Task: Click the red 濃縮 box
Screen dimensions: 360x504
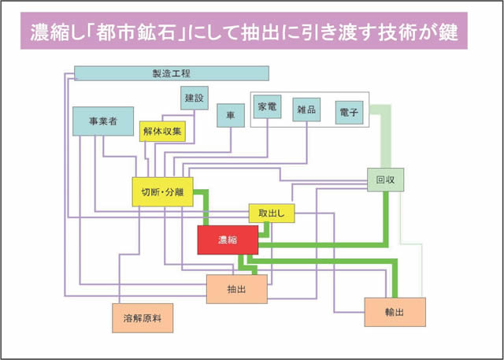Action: (228, 239)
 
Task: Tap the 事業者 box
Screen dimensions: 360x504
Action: (102, 121)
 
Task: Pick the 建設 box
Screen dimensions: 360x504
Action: (195, 98)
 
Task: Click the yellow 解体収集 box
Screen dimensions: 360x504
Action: (163, 132)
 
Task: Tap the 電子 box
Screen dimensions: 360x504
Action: (349, 113)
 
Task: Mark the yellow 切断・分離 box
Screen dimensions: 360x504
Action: (162, 191)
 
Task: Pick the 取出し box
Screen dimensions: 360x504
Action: (272, 213)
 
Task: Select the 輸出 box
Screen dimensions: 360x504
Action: (395, 312)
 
